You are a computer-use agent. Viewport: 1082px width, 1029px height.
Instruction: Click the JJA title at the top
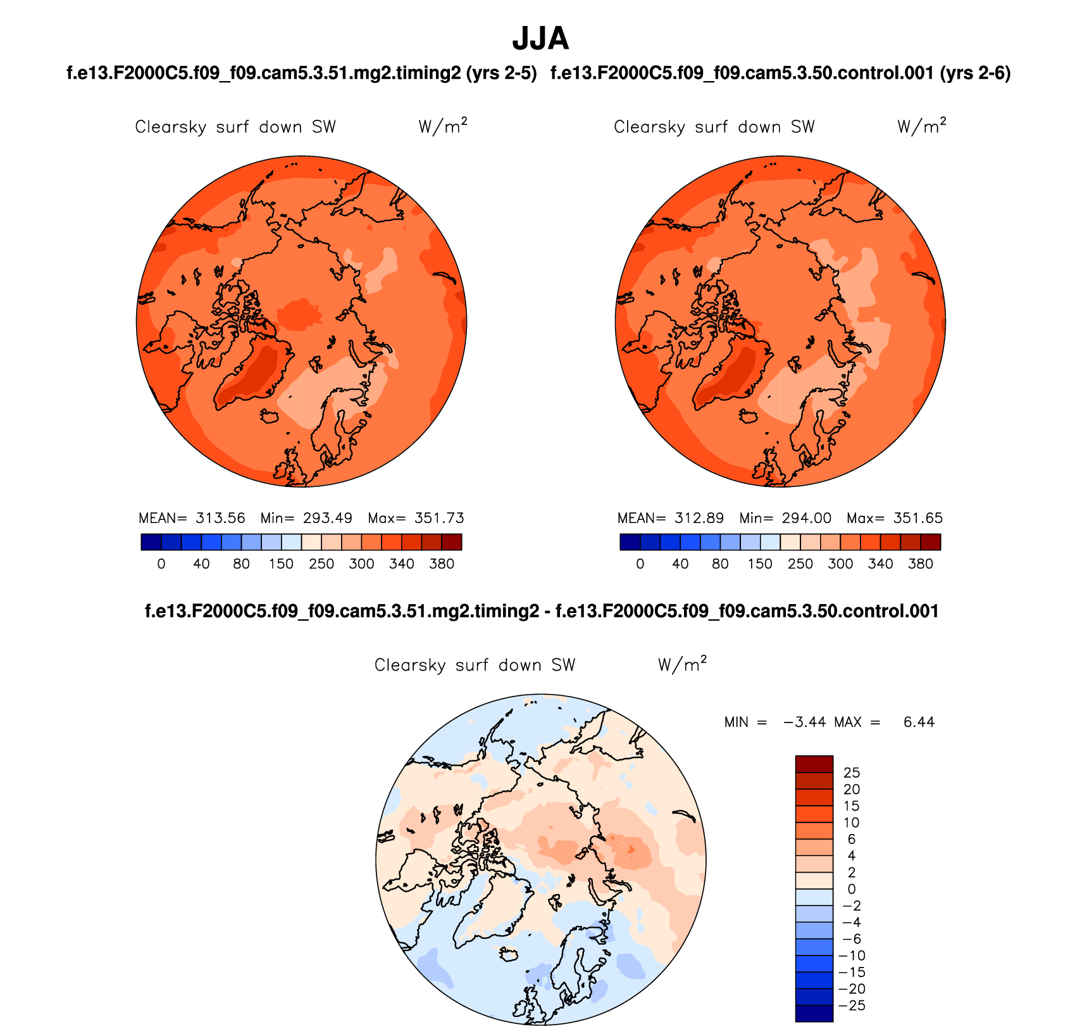click(540, 39)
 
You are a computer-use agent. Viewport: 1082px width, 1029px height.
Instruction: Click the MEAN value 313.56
click(220, 518)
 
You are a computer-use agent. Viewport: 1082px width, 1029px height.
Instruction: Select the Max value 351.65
click(918, 518)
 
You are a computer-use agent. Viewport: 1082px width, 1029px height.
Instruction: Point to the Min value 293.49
click(327, 518)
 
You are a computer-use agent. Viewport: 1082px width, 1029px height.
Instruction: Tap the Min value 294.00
click(806, 518)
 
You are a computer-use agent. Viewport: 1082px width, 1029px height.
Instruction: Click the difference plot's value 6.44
click(919, 723)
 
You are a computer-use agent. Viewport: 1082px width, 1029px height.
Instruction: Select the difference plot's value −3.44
click(805, 723)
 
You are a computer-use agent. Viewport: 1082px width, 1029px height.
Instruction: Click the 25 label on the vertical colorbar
click(852, 773)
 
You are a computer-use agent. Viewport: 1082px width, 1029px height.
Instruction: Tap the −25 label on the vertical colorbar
click(852, 1006)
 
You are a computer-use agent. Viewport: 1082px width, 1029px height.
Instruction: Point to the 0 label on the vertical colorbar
click(852, 889)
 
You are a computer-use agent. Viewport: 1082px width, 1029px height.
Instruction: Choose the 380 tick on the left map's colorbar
click(442, 564)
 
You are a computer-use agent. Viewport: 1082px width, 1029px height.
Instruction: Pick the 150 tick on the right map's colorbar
click(760, 564)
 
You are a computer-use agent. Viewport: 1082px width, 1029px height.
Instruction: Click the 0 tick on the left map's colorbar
click(161, 564)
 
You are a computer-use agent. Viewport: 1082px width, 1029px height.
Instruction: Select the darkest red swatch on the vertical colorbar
click(814, 764)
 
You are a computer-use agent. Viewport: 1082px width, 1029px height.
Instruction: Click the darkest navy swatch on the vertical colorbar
click(814, 1013)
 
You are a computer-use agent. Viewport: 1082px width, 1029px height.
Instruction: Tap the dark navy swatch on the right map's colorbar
click(630, 542)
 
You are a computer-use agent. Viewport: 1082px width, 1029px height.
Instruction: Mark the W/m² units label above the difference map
click(682, 664)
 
